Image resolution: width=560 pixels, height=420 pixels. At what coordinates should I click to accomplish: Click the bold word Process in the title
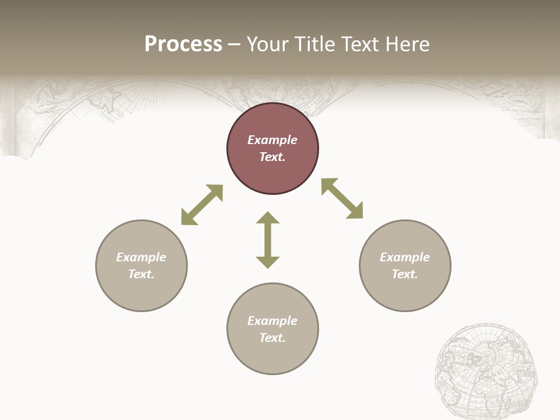[183, 44]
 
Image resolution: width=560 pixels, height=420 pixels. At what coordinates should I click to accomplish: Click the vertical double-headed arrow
[268, 240]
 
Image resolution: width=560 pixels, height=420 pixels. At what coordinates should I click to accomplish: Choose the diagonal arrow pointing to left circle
[202, 205]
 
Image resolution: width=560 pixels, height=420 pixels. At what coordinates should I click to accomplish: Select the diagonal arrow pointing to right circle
[342, 198]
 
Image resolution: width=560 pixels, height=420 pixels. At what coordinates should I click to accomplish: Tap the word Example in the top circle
[272, 140]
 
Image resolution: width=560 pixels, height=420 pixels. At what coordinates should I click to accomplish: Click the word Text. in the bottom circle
[272, 338]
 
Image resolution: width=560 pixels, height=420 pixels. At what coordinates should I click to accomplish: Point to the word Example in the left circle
[141, 257]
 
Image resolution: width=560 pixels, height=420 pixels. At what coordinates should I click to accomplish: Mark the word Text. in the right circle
[405, 274]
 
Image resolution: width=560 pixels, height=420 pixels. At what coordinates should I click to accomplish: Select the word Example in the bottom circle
[272, 321]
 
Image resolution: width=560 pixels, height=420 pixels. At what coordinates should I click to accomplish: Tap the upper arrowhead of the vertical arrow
[268, 218]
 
